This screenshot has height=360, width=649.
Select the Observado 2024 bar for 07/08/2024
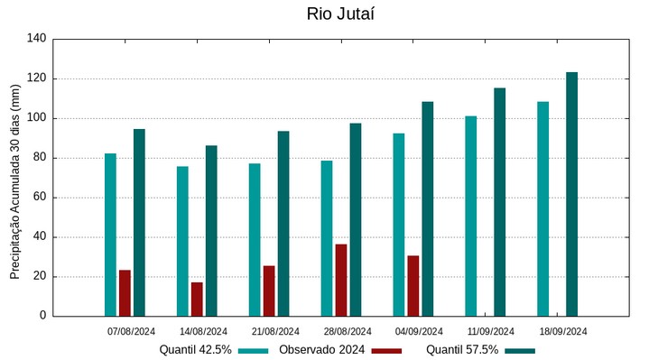(x=125, y=293)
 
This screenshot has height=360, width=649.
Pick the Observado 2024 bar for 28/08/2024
(x=341, y=280)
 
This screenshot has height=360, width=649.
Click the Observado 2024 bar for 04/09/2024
(x=413, y=286)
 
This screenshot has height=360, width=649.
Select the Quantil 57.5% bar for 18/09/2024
(x=571, y=194)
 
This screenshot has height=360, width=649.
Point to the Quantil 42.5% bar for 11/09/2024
(x=470, y=216)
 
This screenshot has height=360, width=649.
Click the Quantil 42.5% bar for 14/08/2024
(x=182, y=241)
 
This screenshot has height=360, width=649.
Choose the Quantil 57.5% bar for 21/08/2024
(x=283, y=223)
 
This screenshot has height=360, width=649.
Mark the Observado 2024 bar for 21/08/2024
(x=269, y=291)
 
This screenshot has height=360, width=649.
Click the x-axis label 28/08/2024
(x=348, y=331)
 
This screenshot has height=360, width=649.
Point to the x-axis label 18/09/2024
(x=563, y=331)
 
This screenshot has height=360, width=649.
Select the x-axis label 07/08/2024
(x=132, y=331)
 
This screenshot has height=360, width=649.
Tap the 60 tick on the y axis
(x=40, y=198)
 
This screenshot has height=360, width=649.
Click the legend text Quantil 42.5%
(x=196, y=350)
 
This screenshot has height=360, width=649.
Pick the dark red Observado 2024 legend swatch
(x=386, y=350)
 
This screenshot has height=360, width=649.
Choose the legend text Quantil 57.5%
(x=462, y=350)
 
